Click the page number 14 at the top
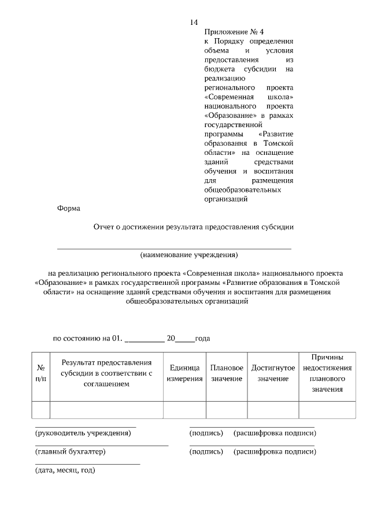[194, 22]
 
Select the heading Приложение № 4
[230, 32]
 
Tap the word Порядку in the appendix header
[231, 42]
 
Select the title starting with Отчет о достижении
[194, 227]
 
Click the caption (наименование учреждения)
[189, 254]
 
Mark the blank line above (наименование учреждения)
[173, 248]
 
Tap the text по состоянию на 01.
[88, 339]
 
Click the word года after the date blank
[202, 339]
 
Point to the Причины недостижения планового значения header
[327, 373]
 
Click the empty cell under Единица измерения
[184, 409]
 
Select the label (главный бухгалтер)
[71, 451]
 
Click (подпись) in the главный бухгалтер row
[206, 451]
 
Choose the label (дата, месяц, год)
[65, 470]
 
